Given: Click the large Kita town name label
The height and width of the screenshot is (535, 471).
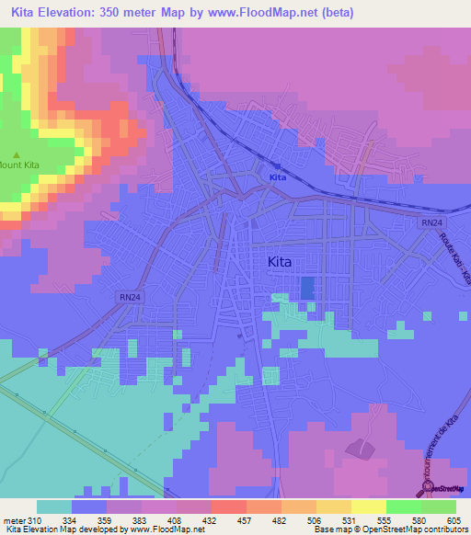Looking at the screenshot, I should [x=279, y=262].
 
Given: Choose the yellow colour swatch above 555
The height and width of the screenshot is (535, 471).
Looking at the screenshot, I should [x=368, y=507].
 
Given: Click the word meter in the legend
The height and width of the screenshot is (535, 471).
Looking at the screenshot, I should [x=14, y=521].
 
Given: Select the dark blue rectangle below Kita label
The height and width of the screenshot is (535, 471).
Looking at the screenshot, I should [x=306, y=287].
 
